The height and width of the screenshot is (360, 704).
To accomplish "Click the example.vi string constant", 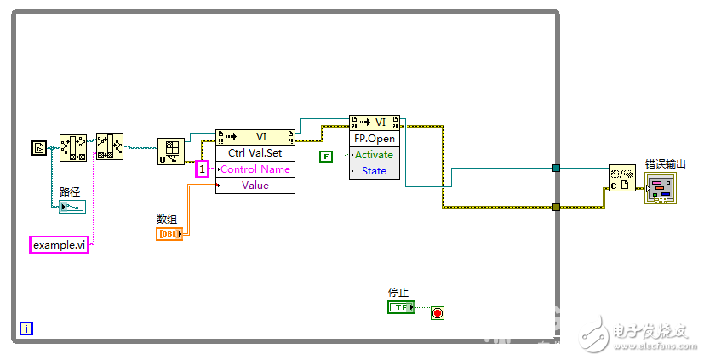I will (x=60, y=245).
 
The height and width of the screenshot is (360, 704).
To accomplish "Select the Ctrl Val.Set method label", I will (x=255, y=153).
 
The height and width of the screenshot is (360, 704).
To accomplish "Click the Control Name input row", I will (x=255, y=169).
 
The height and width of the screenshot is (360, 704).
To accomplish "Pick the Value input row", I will (x=255, y=185).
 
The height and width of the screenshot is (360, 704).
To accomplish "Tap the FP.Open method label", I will (x=375, y=138).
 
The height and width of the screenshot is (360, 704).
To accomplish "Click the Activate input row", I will (x=375, y=154).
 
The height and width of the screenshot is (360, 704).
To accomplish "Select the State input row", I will (x=375, y=170).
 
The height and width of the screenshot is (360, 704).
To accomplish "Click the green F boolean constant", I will (x=326, y=156).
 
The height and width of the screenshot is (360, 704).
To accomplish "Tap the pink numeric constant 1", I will (x=202, y=169).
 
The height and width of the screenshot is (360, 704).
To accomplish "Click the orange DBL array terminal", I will (x=169, y=233).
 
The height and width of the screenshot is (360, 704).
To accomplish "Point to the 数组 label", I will (x=168, y=220).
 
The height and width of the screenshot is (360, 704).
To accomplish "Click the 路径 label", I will (x=70, y=191).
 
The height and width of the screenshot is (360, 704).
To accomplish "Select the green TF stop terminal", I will (x=400, y=306).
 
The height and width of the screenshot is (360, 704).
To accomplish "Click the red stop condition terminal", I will (x=438, y=313).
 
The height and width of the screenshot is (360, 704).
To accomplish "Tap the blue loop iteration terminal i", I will (x=26, y=328).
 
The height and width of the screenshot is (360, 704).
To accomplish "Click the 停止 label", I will (x=398, y=293).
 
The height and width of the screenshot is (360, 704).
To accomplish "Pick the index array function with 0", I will (x=171, y=151).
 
